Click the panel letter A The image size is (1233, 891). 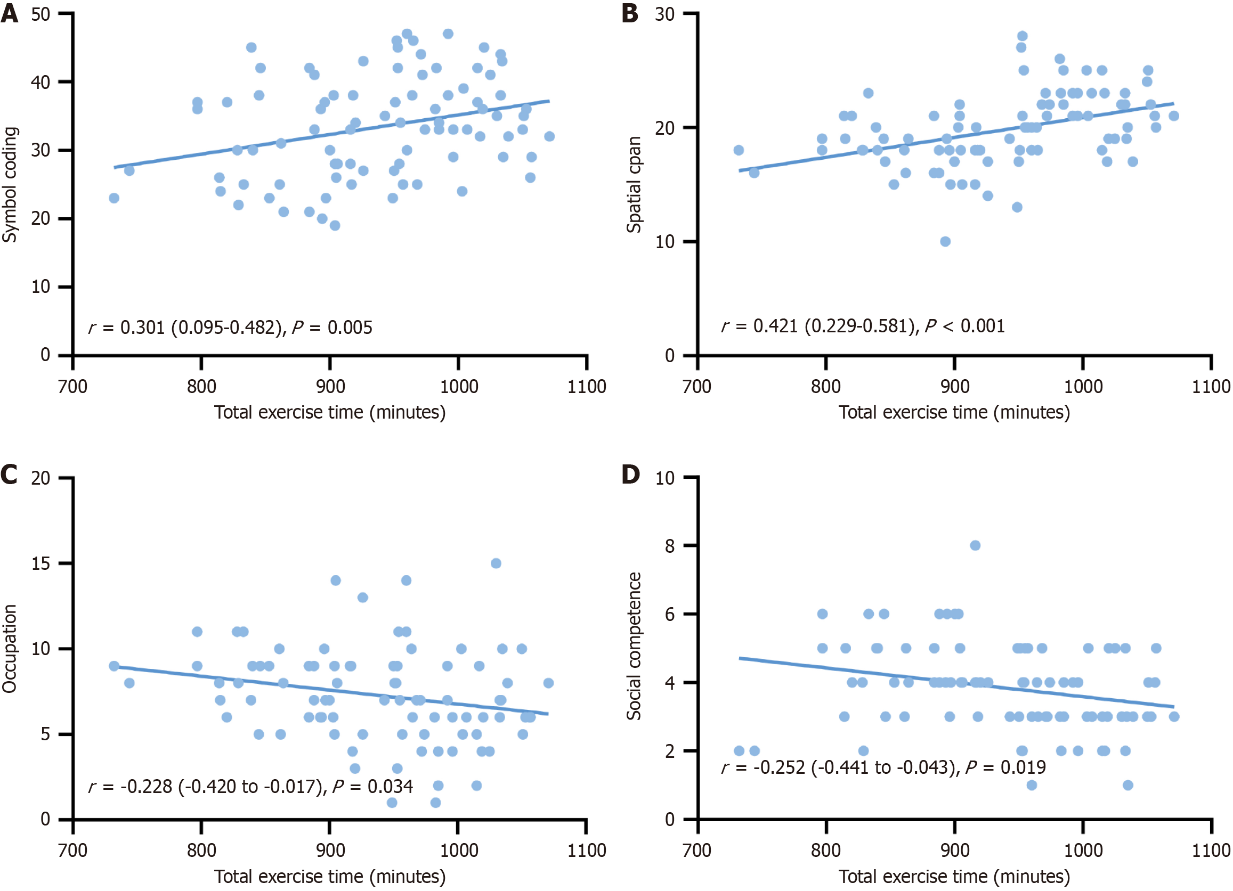tap(9, 13)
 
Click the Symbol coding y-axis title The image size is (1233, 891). tap(10, 185)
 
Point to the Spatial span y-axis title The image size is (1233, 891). tap(634, 185)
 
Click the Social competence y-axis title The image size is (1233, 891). tap(634, 646)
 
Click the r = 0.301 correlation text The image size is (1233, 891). tap(231, 328)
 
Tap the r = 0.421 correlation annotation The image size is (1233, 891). tap(863, 326)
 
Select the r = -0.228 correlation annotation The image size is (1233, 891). tap(250, 786)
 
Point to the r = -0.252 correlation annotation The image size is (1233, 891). tap(883, 767)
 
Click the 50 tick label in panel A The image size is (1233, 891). tap(41, 14)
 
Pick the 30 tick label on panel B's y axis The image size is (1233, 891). tap(665, 14)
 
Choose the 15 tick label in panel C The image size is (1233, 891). tap(41, 563)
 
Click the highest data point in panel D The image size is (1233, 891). tap(975, 545)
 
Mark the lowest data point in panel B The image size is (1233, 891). tap(945, 241)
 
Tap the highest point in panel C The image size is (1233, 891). tap(496, 563)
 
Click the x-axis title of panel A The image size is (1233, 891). tap(330, 412)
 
